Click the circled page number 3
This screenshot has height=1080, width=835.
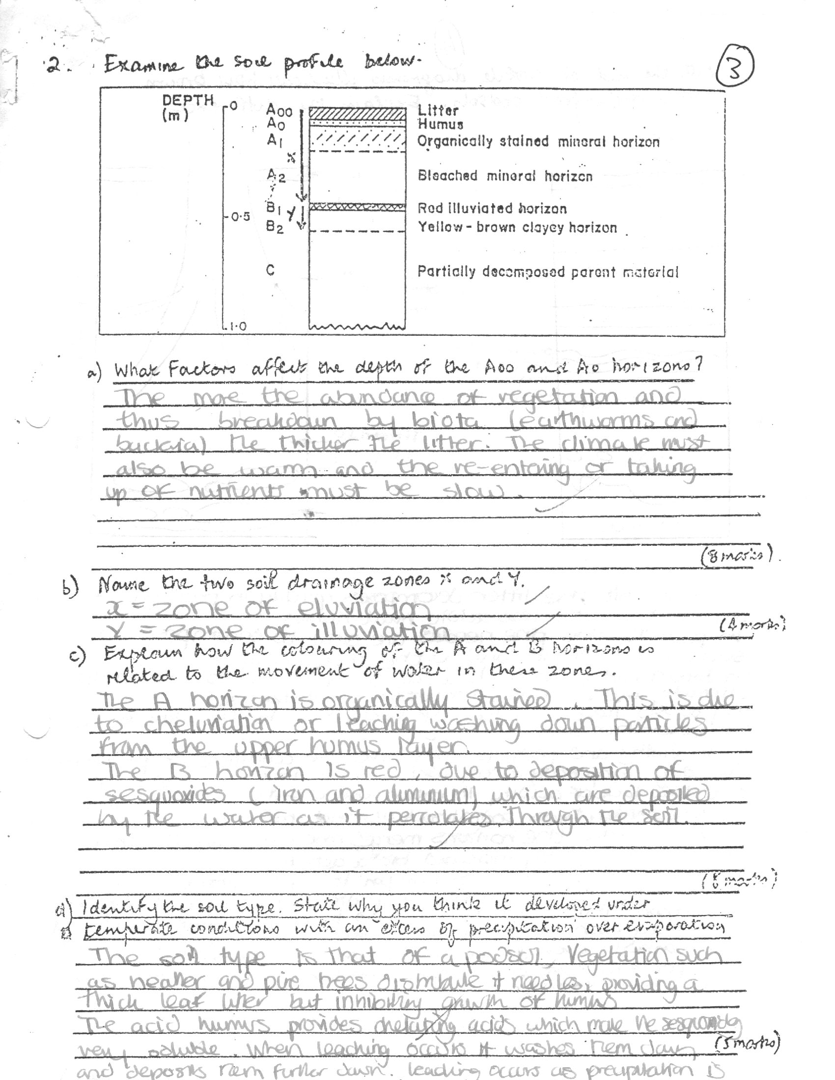[x=735, y=69]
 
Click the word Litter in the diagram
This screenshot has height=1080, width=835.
[x=438, y=110]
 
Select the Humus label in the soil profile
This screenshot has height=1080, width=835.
[x=440, y=124]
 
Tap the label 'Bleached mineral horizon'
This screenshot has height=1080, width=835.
[x=504, y=176]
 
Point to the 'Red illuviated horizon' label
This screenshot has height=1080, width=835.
[x=492, y=208]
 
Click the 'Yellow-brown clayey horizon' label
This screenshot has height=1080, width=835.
[x=517, y=227]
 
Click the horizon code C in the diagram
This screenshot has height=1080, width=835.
[x=270, y=270]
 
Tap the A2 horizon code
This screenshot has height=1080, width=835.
[x=276, y=176]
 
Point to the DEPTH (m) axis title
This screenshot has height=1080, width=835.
[x=187, y=108]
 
